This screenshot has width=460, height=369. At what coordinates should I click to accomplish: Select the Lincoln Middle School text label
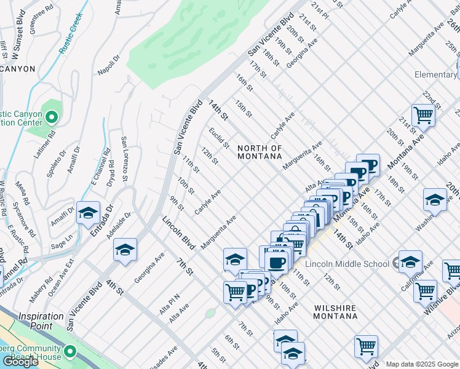(x=348, y=263)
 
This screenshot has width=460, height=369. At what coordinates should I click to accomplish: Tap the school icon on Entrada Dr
(x=88, y=213)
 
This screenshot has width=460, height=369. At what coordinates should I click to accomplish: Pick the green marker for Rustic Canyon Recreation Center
(x=52, y=116)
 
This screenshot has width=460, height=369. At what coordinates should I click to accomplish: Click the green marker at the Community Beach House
(x=69, y=352)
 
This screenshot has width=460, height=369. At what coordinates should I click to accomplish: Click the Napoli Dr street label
(x=107, y=64)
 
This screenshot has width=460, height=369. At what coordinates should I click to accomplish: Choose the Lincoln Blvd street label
(x=178, y=233)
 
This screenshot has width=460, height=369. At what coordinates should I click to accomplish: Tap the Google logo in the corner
(x=20, y=362)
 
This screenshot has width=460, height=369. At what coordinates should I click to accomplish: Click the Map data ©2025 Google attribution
(x=421, y=364)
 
